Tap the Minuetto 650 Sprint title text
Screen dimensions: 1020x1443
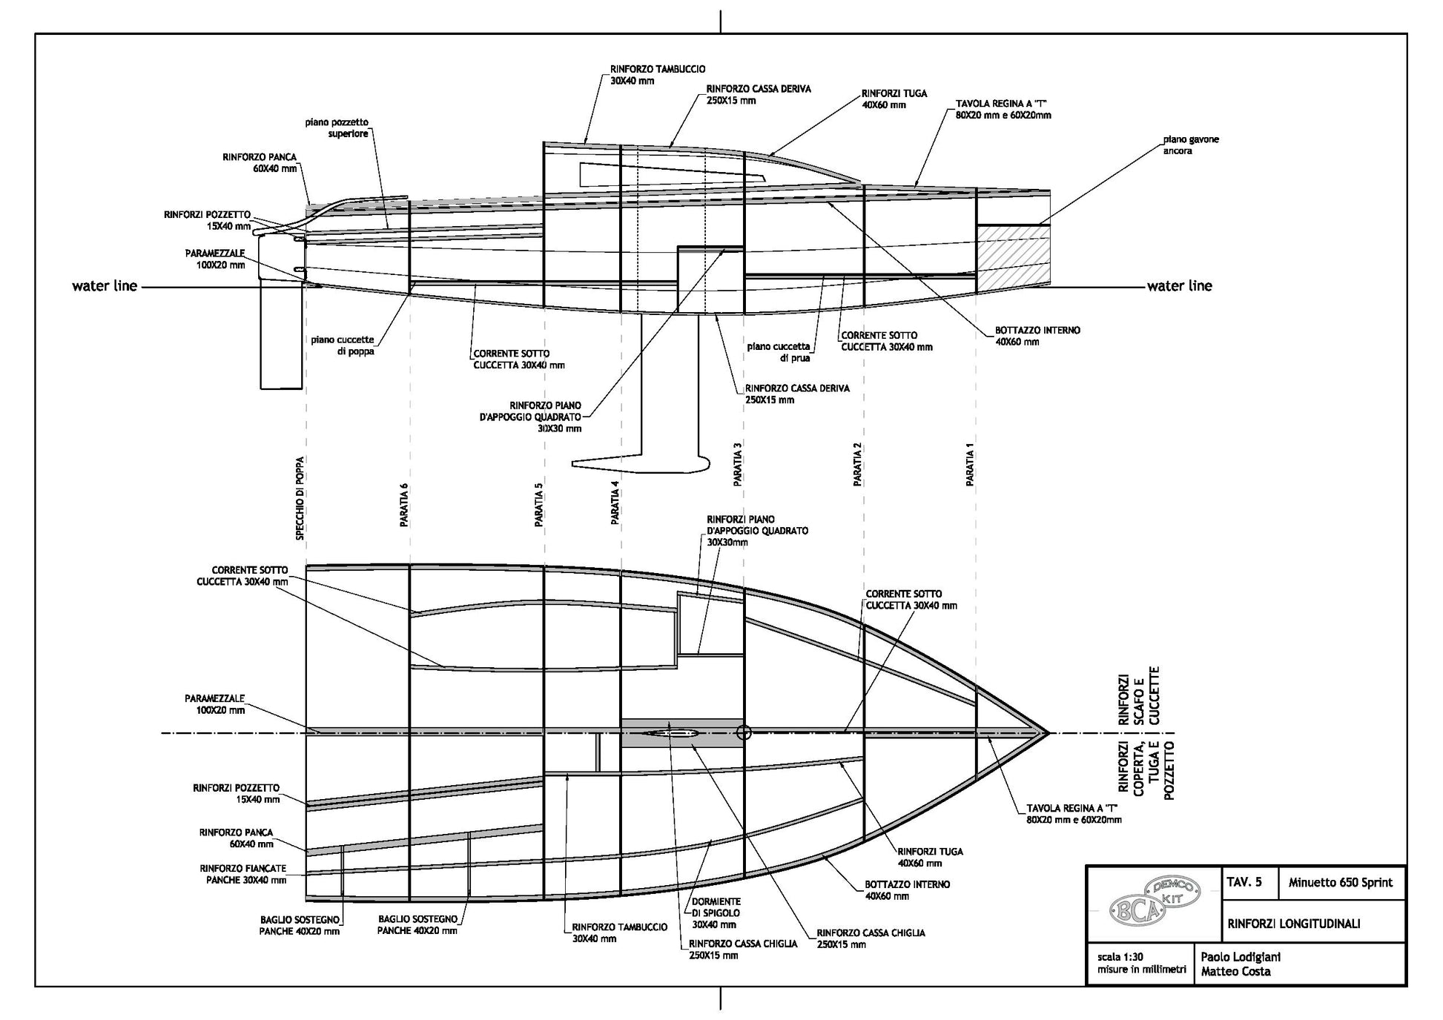point(1340,882)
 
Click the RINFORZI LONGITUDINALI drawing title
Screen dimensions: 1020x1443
point(1293,924)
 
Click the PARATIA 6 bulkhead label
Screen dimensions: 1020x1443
point(404,505)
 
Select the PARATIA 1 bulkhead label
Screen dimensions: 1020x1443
point(970,468)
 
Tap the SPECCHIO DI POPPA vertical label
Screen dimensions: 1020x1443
point(300,497)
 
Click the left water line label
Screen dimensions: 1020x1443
point(105,286)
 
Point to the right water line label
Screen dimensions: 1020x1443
point(1179,286)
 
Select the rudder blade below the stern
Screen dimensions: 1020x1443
point(282,337)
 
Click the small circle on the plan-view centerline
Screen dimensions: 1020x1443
point(744,732)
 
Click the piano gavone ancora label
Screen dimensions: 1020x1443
point(1190,145)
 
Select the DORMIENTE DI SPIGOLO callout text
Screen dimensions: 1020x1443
point(716,913)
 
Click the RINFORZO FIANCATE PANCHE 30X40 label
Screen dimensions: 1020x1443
point(242,874)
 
